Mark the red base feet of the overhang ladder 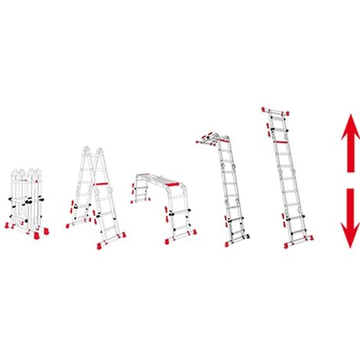(x=234, y=244)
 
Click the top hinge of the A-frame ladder (x=90, y=150)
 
